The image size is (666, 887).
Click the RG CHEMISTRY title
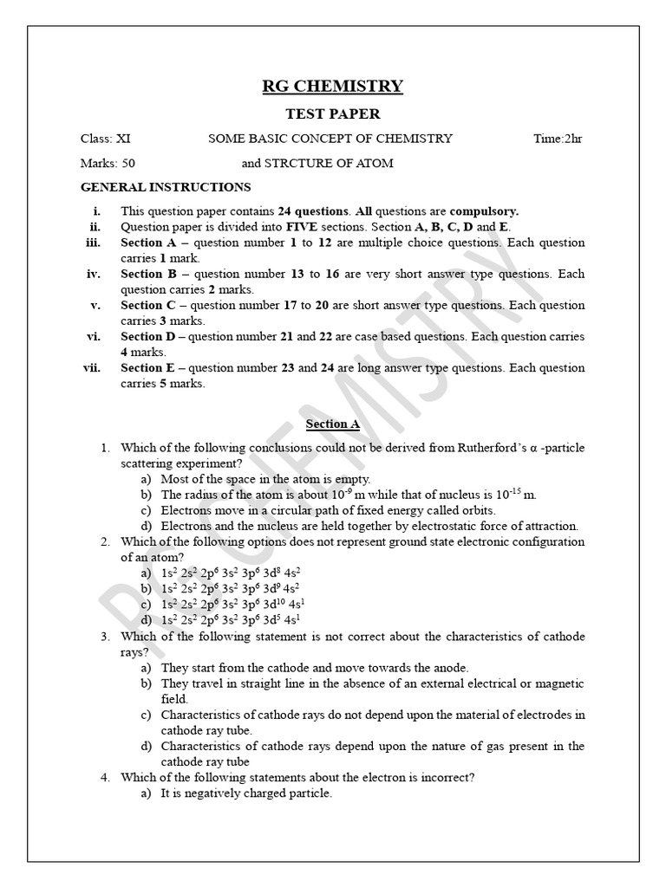click(x=332, y=85)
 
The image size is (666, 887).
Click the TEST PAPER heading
click(x=332, y=113)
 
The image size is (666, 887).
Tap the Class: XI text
click(x=106, y=139)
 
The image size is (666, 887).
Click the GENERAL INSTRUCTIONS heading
click(x=166, y=187)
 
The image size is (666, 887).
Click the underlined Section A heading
click(x=332, y=424)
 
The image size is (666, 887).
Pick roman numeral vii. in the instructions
click(x=92, y=368)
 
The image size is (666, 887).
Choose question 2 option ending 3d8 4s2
click(x=231, y=573)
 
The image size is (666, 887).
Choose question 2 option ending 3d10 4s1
click(x=232, y=605)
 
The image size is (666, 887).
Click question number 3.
click(x=104, y=637)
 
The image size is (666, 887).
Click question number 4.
click(x=104, y=778)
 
